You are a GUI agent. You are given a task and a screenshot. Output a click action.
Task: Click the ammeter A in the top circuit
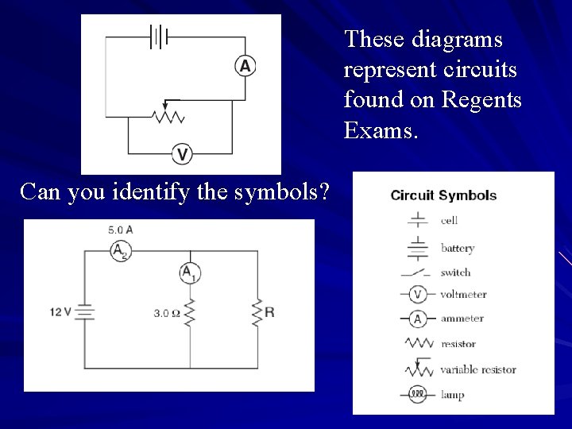pyautogui.click(x=245, y=67)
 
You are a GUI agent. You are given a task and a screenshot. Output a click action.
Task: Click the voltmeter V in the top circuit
pyautogui.click(x=183, y=153)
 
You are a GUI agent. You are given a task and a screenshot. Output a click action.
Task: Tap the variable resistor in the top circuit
pyautogui.click(x=168, y=115)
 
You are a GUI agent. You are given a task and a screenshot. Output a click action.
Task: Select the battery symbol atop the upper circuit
pyautogui.click(x=160, y=35)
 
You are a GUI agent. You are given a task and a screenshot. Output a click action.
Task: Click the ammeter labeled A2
pyautogui.click(x=120, y=250)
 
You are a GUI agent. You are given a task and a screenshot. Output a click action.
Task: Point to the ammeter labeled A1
pyautogui.click(x=188, y=272)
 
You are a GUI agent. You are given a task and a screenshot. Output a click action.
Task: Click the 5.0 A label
pyautogui.click(x=120, y=230)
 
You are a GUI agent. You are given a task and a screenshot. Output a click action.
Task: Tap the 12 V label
pyautogui.click(x=60, y=312)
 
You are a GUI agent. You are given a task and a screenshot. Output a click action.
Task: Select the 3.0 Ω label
pyautogui.click(x=167, y=314)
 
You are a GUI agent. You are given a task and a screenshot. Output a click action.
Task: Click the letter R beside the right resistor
pyautogui.click(x=269, y=312)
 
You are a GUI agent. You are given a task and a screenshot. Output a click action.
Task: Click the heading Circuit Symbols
pyautogui.click(x=443, y=195)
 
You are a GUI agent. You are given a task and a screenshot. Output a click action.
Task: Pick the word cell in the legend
pyautogui.click(x=450, y=220)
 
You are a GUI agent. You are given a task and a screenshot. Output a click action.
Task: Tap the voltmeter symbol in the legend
pyautogui.click(x=417, y=295)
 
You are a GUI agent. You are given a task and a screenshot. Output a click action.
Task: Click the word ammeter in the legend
pyautogui.click(x=462, y=319)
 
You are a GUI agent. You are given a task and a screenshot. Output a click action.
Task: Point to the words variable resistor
pyautogui.click(x=477, y=369)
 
